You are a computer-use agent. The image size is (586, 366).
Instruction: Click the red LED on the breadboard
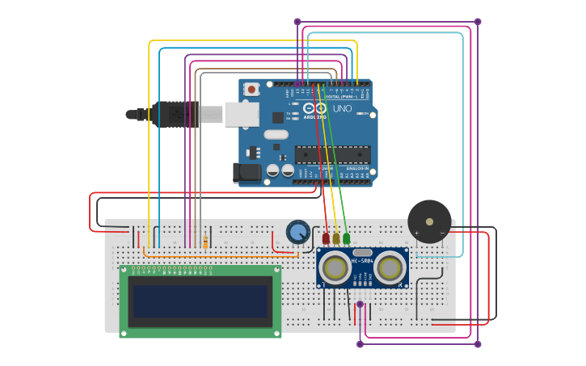(327, 238)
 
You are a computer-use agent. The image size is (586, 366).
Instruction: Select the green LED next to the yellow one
(346, 238)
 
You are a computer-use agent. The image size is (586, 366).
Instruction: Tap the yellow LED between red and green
(336, 238)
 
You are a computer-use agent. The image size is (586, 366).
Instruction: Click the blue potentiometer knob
(297, 233)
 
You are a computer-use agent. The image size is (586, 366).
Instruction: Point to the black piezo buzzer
(429, 221)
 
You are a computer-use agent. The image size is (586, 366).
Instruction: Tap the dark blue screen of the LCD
(200, 301)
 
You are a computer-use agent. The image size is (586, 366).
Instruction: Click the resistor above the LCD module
(206, 242)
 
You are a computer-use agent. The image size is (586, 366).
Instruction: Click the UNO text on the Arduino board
(343, 108)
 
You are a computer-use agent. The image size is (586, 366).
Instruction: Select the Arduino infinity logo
(315, 108)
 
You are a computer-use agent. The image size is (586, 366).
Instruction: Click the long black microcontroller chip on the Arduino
(332, 154)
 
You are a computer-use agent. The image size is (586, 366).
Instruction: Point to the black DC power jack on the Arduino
(247, 173)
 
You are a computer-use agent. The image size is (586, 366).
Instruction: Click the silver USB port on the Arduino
(242, 115)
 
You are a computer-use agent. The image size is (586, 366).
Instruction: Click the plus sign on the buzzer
(417, 233)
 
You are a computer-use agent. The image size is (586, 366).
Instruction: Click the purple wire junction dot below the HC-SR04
(360, 305)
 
